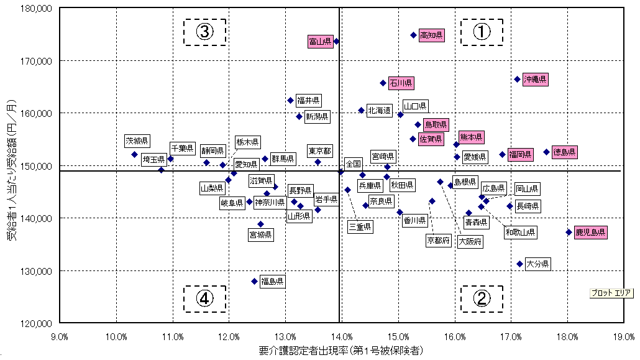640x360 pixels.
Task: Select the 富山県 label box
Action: [x=321, y=42]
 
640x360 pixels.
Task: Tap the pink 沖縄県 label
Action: [x=534, y=80]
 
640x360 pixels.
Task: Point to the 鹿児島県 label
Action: [x=590, y=233]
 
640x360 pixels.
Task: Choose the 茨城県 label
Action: [x=137, y=141]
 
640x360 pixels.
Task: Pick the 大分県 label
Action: [x=537, y=264]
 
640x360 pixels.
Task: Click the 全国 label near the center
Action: [x=353, y=163]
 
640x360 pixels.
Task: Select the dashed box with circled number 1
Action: [x=482, y=31]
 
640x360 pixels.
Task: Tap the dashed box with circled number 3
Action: [x=204, y=31]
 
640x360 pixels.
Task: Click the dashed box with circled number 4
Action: [x=204, y=299]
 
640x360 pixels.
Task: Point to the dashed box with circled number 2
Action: [x=482, y=299]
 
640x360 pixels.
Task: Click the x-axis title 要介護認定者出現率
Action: [x=341, y=351]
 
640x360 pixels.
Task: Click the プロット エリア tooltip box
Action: [x=611, y=293]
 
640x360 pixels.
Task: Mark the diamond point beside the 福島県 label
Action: [x=254, y=282]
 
